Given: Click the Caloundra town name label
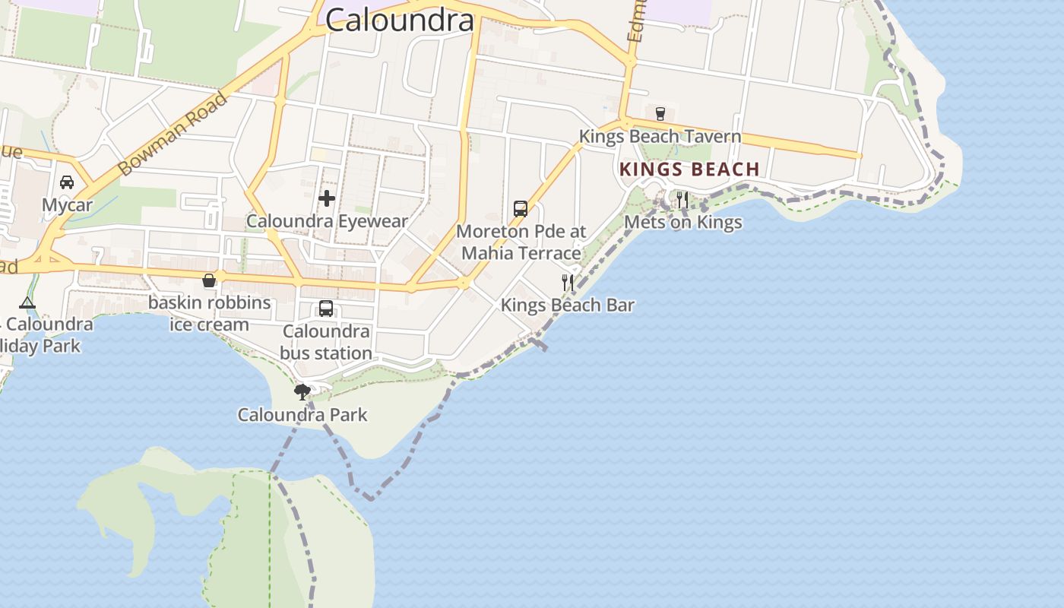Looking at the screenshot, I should [400, 20].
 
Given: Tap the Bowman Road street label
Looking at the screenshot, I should [173, 135].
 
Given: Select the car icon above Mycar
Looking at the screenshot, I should [67, 182].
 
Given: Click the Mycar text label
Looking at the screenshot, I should [67, 205].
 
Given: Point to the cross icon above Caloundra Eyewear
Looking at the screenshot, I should [327, 198].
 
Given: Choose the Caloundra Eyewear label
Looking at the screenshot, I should [327, 221].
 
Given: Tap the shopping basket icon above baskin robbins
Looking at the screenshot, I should [209, 280].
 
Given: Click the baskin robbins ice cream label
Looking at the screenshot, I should [209, 313].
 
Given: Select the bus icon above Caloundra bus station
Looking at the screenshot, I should [326, 309].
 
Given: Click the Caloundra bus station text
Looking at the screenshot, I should [326, 342].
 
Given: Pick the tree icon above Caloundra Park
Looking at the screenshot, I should [302, 392].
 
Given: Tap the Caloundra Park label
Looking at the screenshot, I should [302, 415].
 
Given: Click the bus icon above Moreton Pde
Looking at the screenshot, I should [521, 208].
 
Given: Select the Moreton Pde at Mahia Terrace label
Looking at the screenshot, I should [521, 242].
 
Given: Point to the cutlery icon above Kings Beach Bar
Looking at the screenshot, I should [568, 283].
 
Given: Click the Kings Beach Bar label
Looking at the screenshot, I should [568, 306].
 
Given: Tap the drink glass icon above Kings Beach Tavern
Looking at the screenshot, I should [660, 114].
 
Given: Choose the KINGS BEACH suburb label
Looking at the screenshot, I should [689, 169].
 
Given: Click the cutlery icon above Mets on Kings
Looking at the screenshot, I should [682, 200].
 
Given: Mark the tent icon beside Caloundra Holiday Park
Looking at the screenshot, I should [27, 302].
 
